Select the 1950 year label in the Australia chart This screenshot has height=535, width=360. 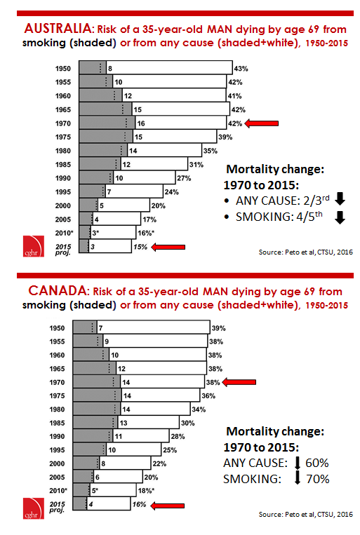pyautogui.click(x=64, y=69)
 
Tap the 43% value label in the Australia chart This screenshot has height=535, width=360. pyautogui.click(x=241, y=69)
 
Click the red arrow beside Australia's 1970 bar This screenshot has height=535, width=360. pyautogui.click(x=261, y=123)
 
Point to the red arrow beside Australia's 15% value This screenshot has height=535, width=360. pyautogui.click(x=168, y=247)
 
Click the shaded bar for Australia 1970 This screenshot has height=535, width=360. pyautogui.click(x=107, y=123)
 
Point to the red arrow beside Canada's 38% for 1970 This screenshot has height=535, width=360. pyautogui.click(x=241, y=383)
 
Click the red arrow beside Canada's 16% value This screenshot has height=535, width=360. pyautogui.click(x=168, y=503)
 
